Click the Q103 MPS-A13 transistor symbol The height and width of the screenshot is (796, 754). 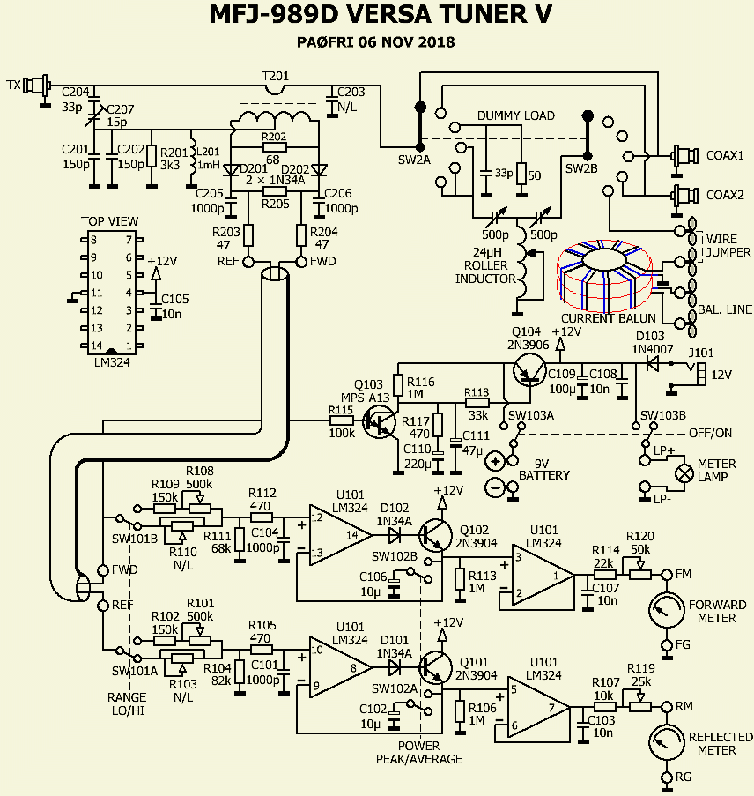click(x=381, y=426)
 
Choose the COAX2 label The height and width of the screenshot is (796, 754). click(x=725, y=195)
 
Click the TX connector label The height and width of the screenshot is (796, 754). click(x=13, y=86)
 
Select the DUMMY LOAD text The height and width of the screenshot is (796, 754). click(x=516, y=115)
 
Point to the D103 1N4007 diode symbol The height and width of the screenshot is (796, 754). click(x=653, y=359)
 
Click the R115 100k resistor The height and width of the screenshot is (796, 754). click(x=341, y=421)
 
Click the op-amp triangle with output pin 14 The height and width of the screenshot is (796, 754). click(x=338, y=532)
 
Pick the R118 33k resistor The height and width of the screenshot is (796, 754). click(x=477, y=404)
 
